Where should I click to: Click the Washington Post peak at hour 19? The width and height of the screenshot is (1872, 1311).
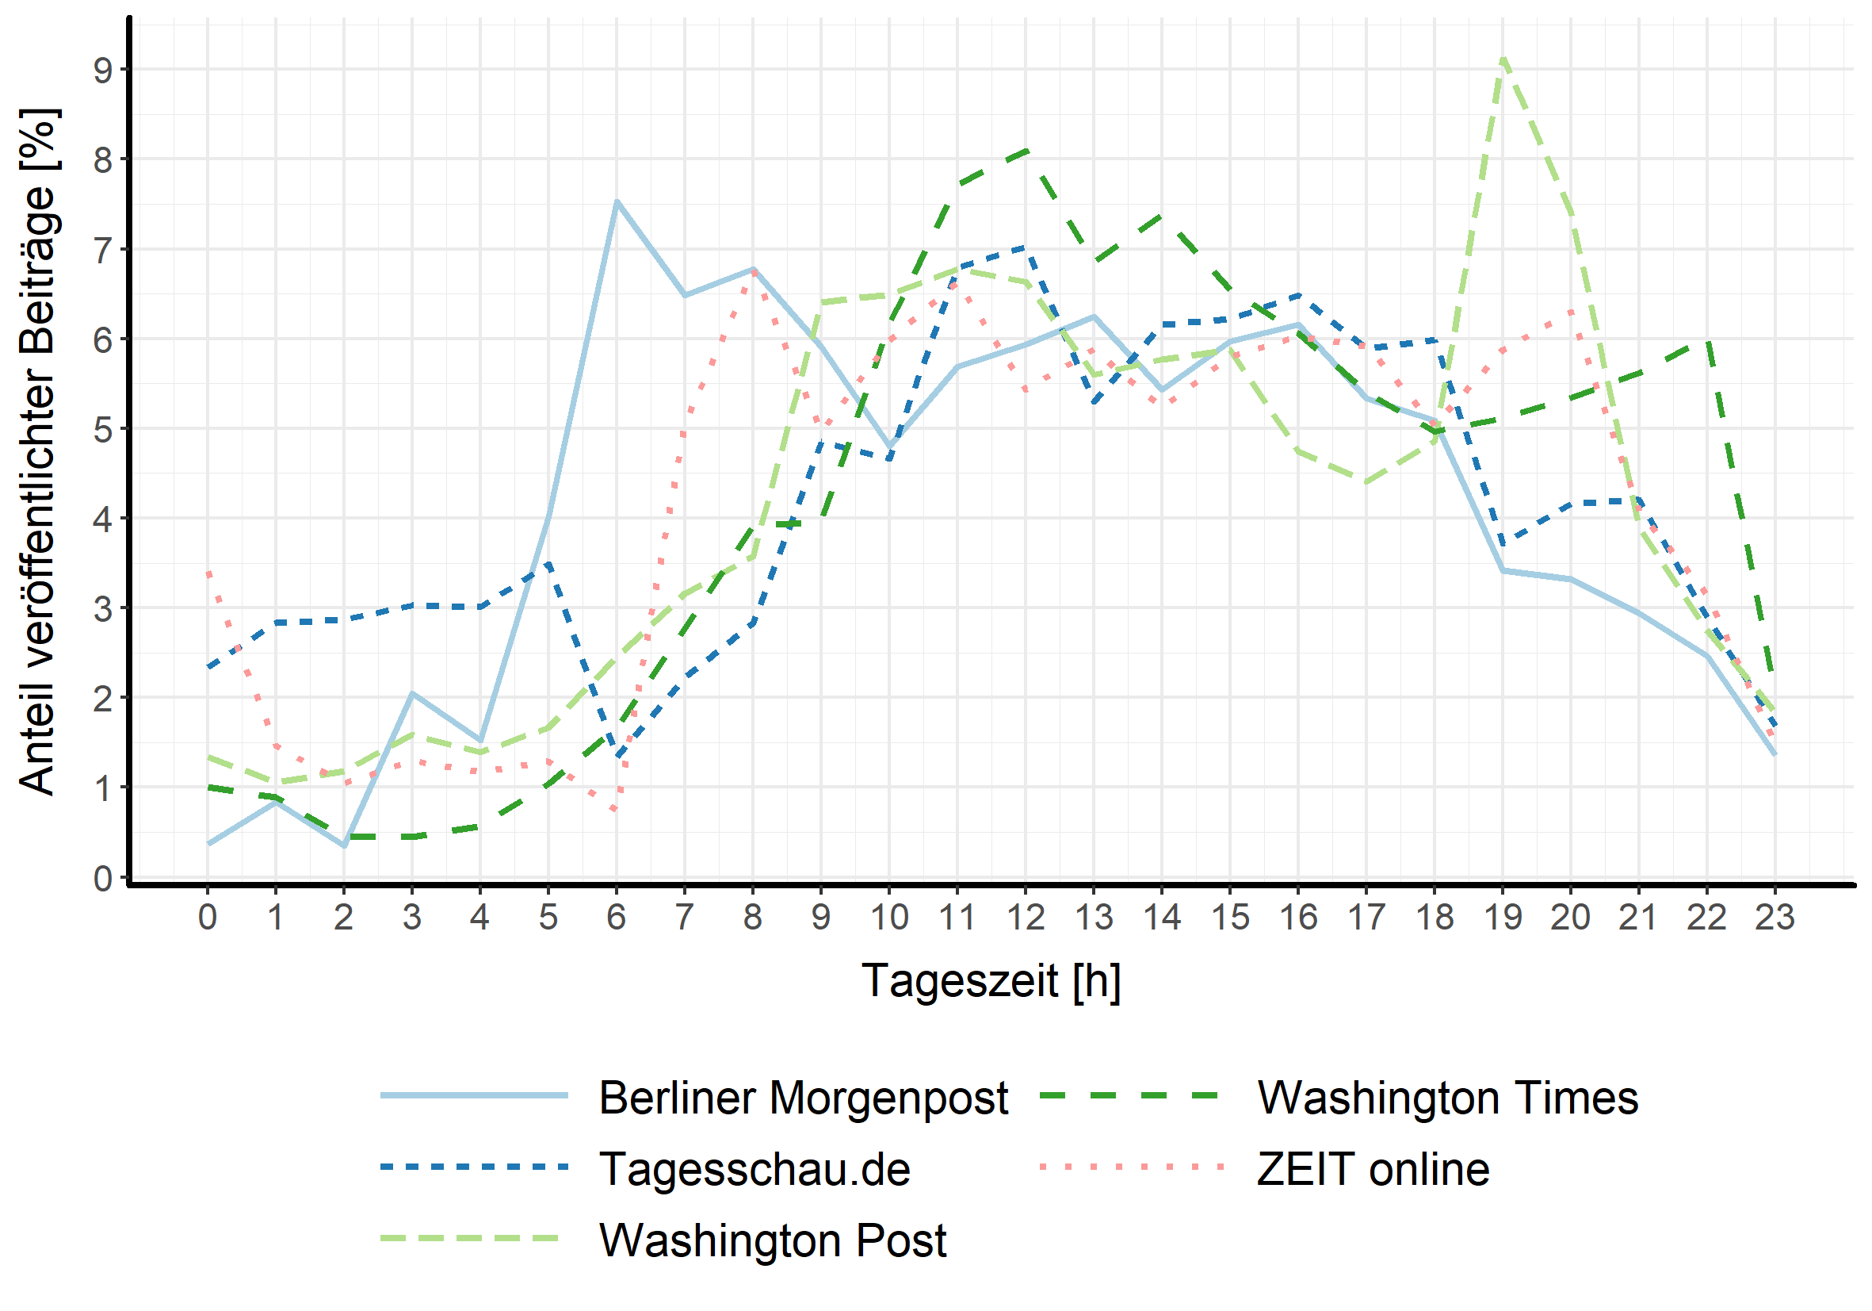(1503, 59)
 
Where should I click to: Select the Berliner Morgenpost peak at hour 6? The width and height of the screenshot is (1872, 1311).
(617, 201)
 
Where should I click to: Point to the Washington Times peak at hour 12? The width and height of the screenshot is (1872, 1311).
(1026, 151)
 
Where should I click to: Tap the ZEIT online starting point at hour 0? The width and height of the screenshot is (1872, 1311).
(208, 573)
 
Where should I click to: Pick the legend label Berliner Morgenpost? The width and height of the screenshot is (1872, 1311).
(803, 1098)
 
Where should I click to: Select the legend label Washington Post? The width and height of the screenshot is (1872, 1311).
(772, 1240)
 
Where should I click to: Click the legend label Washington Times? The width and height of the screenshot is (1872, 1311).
(1447, 1098)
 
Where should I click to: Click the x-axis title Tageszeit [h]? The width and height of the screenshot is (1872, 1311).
(991, 979)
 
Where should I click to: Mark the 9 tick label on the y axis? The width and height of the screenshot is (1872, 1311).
(104, 70)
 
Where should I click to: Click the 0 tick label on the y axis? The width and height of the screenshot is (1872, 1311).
(104, 879)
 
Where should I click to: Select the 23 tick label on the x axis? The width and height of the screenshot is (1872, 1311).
(1775, 918)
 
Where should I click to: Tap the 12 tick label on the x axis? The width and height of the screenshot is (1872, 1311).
(1026, 918)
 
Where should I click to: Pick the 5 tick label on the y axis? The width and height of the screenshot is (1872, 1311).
(104, 429)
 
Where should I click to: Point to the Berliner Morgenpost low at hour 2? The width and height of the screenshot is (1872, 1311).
(344, 846)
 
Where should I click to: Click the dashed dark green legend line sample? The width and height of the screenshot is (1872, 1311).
(1130, 1096)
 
